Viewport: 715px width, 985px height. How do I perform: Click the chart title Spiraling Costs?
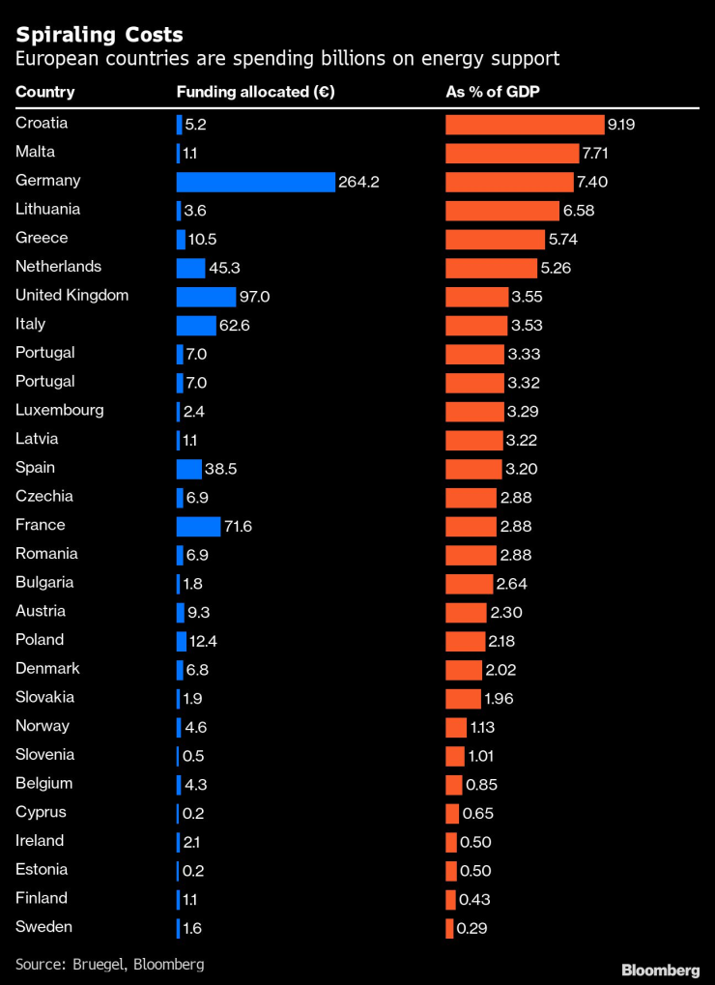coord(100,34)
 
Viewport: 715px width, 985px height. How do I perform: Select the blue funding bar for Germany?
coord(255,182)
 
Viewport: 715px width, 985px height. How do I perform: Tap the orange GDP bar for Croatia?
coord(524,125)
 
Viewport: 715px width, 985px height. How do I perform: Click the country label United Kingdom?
coord(72,296)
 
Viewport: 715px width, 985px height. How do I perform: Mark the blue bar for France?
coord(198,526)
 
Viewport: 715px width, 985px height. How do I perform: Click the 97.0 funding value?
coord(255,297)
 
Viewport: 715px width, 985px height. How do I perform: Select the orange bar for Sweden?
coord(449,928)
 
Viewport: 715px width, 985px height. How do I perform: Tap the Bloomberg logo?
coord(660,969)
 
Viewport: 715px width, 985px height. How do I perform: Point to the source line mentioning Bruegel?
coord(109,964)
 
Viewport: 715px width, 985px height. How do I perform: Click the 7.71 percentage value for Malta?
coord(594,153)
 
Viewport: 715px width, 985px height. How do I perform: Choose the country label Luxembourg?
coord(60,410)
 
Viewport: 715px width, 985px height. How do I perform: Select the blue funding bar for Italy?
coord(196,325)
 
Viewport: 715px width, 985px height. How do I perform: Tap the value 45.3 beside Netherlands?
coord(225,268)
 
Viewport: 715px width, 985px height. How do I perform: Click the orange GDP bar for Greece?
coord(495,239)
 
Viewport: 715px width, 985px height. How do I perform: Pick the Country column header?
coord(44,93)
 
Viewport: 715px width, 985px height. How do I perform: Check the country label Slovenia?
coord(45,755)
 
